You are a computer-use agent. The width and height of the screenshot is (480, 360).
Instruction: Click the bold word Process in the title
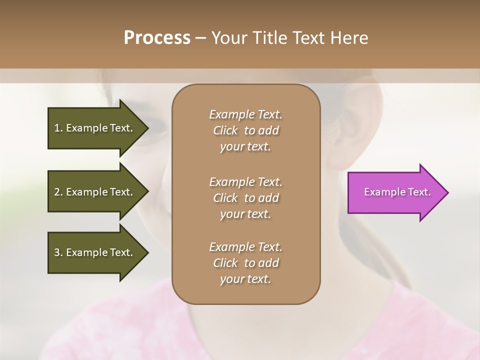click(x=157, y=38)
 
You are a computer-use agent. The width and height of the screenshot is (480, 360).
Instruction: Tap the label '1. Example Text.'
click(x=93, y=128)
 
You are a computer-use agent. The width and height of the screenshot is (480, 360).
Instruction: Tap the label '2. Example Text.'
click(x=93, y=192)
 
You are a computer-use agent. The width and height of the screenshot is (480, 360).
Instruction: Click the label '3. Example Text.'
click(x=93, y=252)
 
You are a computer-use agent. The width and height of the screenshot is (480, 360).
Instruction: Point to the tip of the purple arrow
click(x=447, y=192)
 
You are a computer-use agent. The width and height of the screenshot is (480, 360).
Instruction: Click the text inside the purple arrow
click(x=397, y=192)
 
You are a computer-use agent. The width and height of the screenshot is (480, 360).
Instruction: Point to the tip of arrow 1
click(x=148, y=128)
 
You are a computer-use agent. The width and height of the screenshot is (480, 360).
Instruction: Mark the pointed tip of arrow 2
click(x=148, y=192)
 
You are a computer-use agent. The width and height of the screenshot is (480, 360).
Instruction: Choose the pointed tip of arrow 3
click(x=148, y=252)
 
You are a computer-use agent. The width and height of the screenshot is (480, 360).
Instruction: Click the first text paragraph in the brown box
click(x=245, y=130)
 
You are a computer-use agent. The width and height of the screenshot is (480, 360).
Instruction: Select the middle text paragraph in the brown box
click(x=245, y=197)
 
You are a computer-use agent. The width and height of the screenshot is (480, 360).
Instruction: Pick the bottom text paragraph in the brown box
click(x=245, y=263)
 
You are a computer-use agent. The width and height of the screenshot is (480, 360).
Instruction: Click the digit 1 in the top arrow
click(x=57, y=128)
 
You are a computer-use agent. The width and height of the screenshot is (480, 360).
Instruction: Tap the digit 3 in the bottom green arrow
click(x=57, y=252)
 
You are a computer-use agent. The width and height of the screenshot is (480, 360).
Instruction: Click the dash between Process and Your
click(x=200, y=38)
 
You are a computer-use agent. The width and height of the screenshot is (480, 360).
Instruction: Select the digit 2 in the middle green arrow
click(x=57, y=192)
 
